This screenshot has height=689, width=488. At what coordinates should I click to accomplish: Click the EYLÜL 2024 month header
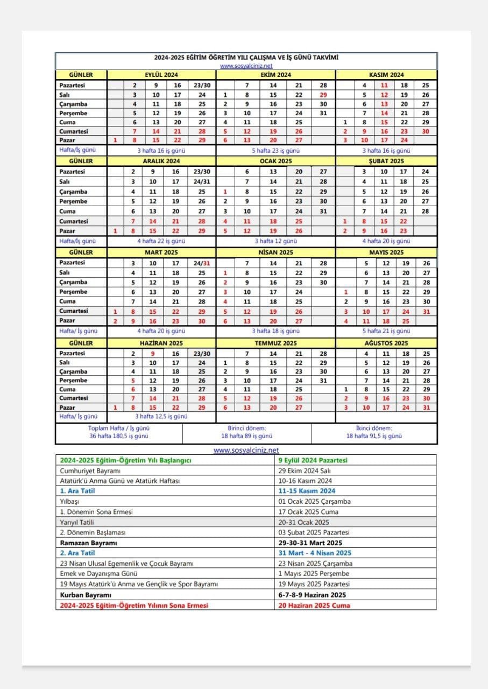(161, 75)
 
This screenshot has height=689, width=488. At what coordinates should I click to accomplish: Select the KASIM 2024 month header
(386, 75)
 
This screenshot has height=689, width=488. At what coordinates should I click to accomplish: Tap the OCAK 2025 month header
(275, 161)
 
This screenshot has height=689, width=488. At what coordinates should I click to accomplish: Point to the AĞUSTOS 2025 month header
(386, 343)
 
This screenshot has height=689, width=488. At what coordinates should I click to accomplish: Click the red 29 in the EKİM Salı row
(323, 95)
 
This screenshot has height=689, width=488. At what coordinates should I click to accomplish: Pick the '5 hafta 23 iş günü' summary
(275, 151)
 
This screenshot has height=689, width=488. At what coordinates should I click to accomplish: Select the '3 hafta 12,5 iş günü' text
(161, 416)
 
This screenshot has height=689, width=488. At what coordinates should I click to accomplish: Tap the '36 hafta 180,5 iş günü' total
(119, 436)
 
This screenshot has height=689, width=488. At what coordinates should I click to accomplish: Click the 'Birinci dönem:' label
(246, 428)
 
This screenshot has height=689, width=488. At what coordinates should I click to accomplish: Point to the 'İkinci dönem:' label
(374, 428)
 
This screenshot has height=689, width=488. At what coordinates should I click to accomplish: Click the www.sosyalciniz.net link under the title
(246, 66)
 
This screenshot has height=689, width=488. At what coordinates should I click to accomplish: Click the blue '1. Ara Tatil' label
(77, 491)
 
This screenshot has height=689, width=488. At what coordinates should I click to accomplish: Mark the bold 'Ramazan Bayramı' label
(88, 543)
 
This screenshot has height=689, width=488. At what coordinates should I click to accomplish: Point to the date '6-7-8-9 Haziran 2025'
(312, 595)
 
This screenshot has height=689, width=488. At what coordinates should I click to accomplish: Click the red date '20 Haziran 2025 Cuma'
(314, 605)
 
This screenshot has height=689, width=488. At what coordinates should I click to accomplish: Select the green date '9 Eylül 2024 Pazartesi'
(313, 460)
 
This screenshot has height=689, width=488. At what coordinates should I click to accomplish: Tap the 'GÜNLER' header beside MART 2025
(81, 252)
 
